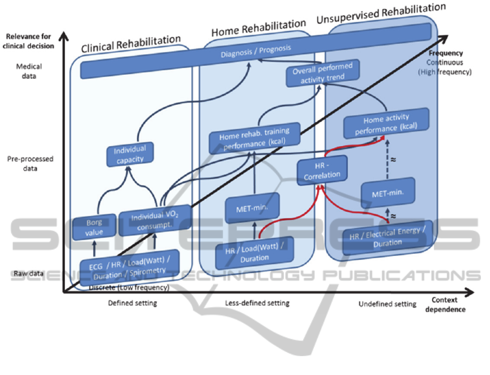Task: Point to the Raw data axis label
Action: pyautogui.click(x=29, y=273)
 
